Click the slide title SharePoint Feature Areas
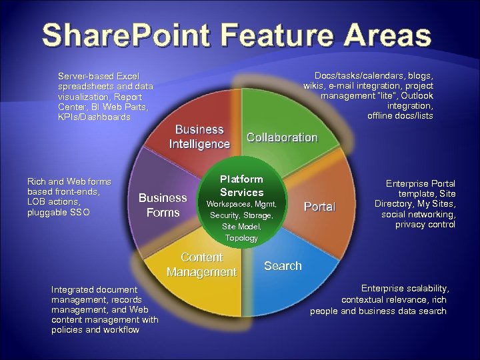pyautogui.click(x=237, y=35)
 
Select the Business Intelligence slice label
pyautogui.click(x=199, y=137)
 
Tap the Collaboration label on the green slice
pyautogui.click(x=282, y=137)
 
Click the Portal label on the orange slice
pyautogui.click(x=319, y=207)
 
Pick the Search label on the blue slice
pyautogui.click(x=283, y=266)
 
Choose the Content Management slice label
pyautogui.click(x=201, y=265)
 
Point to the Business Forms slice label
pyautogui.click(x=163, y=205)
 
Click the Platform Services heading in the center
pyautogui.click(x=241, y=185)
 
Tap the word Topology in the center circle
pyautogui.click(x=241, y=238)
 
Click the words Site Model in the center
pyautogui.click(x=241, y=227)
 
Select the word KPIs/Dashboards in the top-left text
pyautogui.click(x=94, y=117)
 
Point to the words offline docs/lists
pyautogui.click(x=400, y=116)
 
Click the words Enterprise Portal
pyautogui.click(x=421, y=183)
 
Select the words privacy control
pyautogui.click(x=425, y=225)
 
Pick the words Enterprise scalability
pyautogui.click(x=405, y=288)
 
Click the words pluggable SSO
pyautogui.click(x=58, y=212)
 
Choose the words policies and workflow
pyautogui.click(x=95, y=330)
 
